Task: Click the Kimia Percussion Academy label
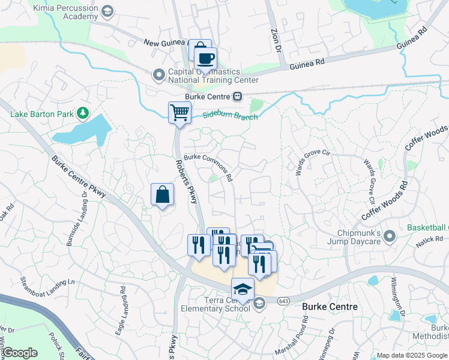tap(67, 11)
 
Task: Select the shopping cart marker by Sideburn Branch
tap(179, 112)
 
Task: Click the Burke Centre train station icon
tap(238, 96)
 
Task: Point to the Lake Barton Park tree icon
tap(83, 112)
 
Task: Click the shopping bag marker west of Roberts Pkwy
tap(162, 194)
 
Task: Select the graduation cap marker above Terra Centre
tap(243, 289)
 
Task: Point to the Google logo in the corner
tap(20, 353)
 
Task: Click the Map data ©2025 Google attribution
tap(412, 355)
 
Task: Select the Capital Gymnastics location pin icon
tap(159, 75)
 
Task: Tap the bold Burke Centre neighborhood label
tap(329, 307)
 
